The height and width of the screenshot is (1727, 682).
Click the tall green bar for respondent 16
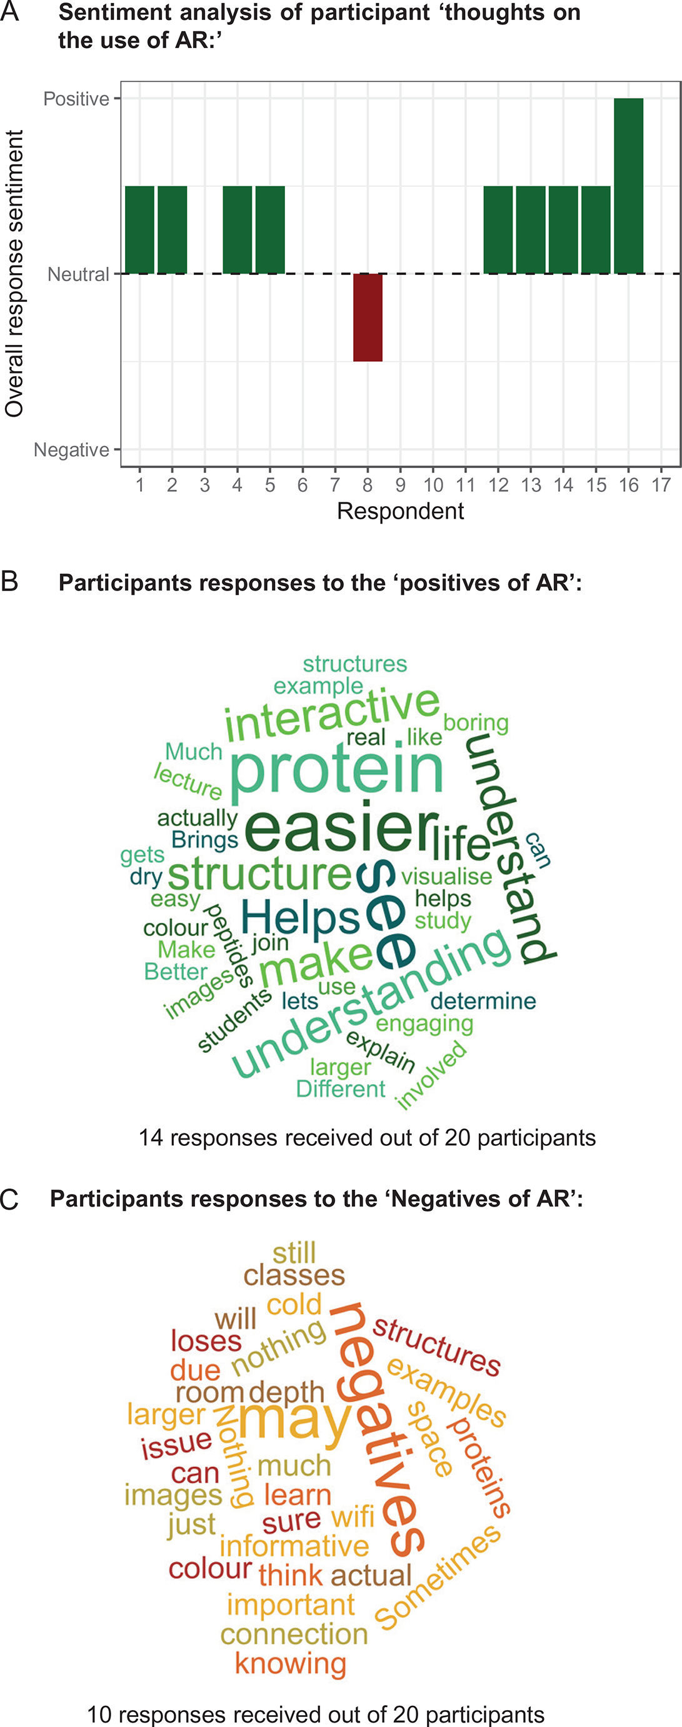tap(628, 186)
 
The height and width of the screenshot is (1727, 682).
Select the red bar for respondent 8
tap(368, 317)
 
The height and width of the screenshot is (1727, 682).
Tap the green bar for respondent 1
tap(139, 229)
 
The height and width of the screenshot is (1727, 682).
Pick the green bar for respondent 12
tap(498, 229)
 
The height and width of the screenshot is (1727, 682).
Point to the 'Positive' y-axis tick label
tap(76, 99)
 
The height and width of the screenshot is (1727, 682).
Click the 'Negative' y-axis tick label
tap(71, 450)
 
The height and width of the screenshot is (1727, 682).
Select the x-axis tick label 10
tap(433, 485)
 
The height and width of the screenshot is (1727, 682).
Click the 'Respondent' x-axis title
tap(400, 511)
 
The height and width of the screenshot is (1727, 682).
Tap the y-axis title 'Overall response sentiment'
tap(14, 274)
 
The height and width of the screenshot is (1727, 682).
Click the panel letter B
tap(9, 581)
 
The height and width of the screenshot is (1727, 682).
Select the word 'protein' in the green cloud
tap(337, 771)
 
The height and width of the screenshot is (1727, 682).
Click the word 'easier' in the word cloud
tap(341, 829)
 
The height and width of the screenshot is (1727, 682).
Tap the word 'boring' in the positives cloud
tap(476, 724)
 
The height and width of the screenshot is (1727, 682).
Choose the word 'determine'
tap(483, 1001)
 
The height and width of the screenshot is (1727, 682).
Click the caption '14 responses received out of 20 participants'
tap(368, 1138)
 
